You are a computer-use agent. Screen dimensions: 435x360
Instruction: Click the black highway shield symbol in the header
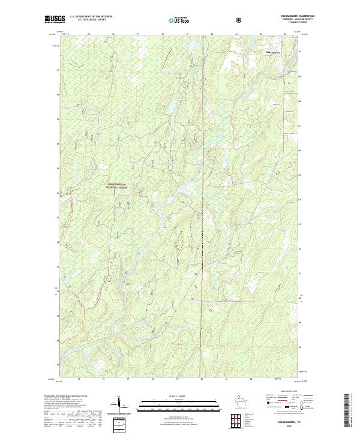239,20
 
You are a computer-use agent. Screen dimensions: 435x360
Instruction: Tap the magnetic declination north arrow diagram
118,407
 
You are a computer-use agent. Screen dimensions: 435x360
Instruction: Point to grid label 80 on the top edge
212,34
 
